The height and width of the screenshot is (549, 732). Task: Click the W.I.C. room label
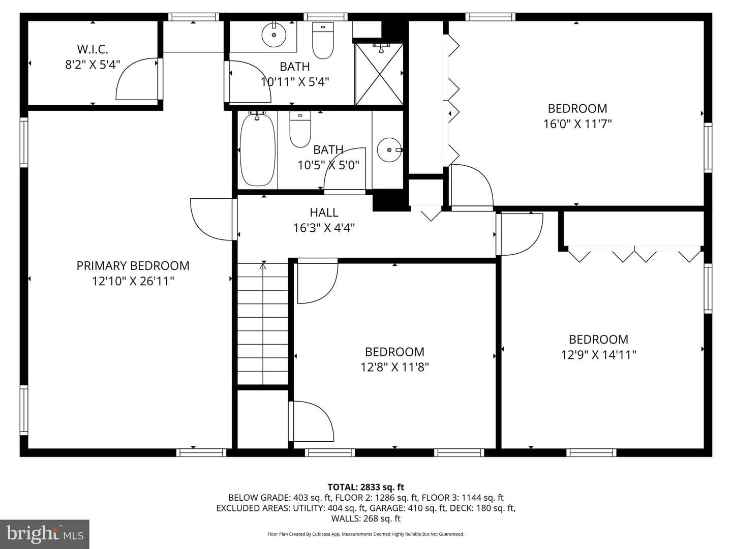pyautogui.click(x=93, y=49)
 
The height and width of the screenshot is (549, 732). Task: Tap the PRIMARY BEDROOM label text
pyautogui.click(x=133, y=266)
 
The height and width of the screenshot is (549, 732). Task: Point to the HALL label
pyautogui.click(x=324, y=212)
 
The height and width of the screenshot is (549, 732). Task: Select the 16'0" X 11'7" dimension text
pyautogui.click(x=577, y=124)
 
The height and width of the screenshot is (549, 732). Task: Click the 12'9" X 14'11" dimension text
pyautogui.click(x=598, y=355)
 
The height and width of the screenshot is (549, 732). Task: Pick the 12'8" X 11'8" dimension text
pyautogui.click(x=394, y=368)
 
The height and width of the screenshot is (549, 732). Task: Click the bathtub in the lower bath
pyautogui.click(x=257, y=149)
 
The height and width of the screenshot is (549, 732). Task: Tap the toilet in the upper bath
pyautogui.click(x=323, y=40)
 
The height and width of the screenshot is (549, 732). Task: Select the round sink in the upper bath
pyautogui.click(x=274, y=35)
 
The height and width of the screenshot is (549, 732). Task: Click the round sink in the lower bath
pyautogui.click(x=389, y=150)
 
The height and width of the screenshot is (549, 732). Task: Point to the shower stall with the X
pyautogui.click(x=379, y=74)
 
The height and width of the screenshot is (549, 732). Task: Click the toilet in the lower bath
pyautogui.click(x=300, y=129)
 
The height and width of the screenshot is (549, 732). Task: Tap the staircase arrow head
pyautogui.click(x=263, y=266)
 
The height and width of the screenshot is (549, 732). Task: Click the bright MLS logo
pyautogui.click(x=45, y=534)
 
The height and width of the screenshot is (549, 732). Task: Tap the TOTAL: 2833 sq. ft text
pyautogui.click(x=366, y=487)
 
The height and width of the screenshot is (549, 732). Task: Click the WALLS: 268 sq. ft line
pyautogui.click(x=366, y=518)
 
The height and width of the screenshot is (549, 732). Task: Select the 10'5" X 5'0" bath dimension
pyautogui.click(x=328, y=165)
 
